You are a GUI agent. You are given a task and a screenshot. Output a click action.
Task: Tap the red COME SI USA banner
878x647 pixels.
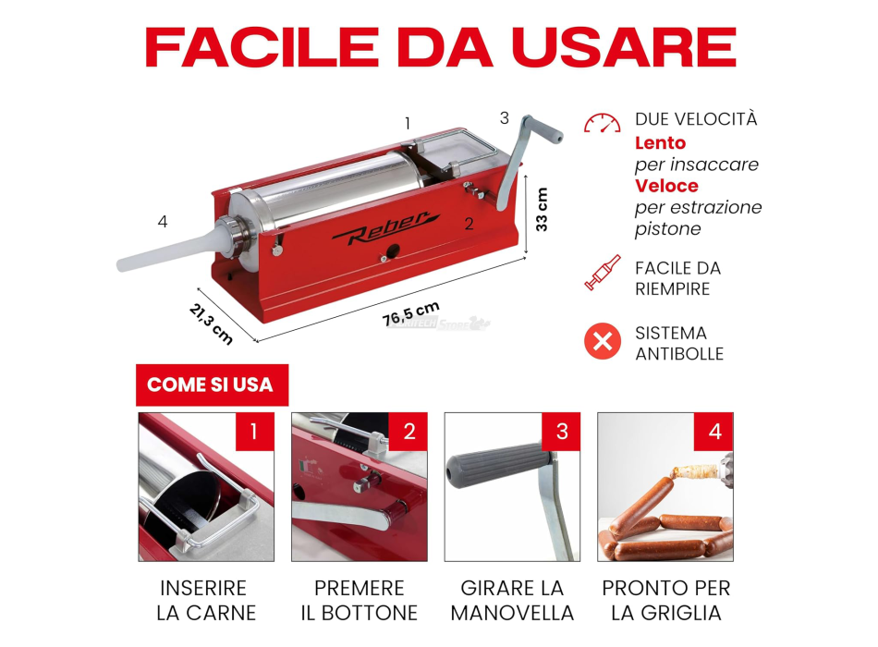[211, 385]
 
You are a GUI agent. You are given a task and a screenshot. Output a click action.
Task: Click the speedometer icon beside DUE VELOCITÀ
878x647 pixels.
[603, 124]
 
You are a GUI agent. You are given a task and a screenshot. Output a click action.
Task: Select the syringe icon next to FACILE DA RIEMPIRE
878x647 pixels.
[603, 273]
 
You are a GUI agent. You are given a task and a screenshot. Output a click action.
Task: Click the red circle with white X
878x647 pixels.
[603, 342]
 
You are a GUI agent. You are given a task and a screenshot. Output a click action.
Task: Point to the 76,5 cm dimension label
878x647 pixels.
[412, 313]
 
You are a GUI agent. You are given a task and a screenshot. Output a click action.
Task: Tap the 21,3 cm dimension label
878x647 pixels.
[212, 323]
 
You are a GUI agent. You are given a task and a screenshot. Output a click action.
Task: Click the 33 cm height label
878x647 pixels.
[543, 209]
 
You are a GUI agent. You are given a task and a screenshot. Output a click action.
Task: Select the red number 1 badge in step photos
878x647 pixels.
[254, 431]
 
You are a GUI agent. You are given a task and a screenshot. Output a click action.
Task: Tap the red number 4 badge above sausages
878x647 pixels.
[713, 431]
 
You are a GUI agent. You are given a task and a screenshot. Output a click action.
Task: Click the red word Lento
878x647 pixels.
[660, 143]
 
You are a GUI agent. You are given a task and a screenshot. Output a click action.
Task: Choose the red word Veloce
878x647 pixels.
[666, 186]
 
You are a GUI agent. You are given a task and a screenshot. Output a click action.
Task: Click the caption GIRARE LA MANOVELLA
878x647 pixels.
[512, 600]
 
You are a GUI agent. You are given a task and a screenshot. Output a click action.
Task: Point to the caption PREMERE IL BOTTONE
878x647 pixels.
[360, 600]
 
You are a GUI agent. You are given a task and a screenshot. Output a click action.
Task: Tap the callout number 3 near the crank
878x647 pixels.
[504, 118]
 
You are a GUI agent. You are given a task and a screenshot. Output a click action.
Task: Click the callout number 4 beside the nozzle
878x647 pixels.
[163, 222]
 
